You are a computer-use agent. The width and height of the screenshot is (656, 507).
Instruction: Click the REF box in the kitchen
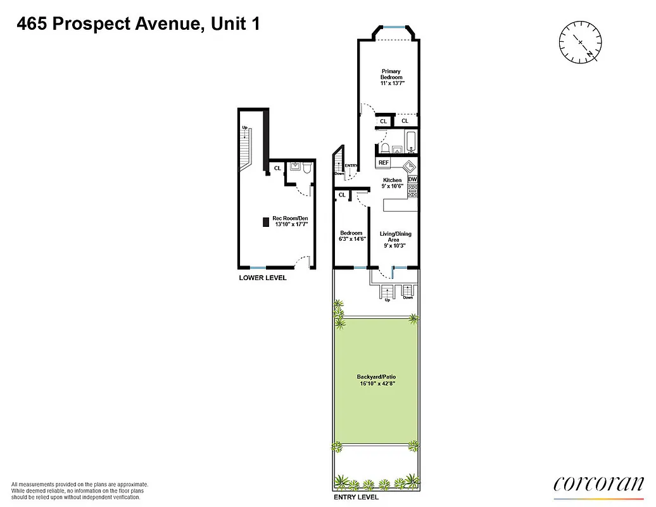(x=383, y=163)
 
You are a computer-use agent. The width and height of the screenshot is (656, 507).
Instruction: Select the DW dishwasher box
(x=412, y=179)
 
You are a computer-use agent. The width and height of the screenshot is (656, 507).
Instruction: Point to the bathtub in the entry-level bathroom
(x=409, y=143)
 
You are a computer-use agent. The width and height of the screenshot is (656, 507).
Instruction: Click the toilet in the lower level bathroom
(x=306, y=168)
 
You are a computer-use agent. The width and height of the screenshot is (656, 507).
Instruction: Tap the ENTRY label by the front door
(x=351, y=166)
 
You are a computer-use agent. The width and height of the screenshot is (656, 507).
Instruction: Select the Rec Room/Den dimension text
(x=291, y=224)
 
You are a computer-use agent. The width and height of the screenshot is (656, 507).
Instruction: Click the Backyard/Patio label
(x=376, y=380)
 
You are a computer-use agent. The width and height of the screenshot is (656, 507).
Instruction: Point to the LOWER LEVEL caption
(x=262, y=278)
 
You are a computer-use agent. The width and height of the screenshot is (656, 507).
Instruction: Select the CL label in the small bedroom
(x=343, y=195)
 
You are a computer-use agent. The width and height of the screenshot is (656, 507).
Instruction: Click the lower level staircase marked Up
(x=246, y=150)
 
